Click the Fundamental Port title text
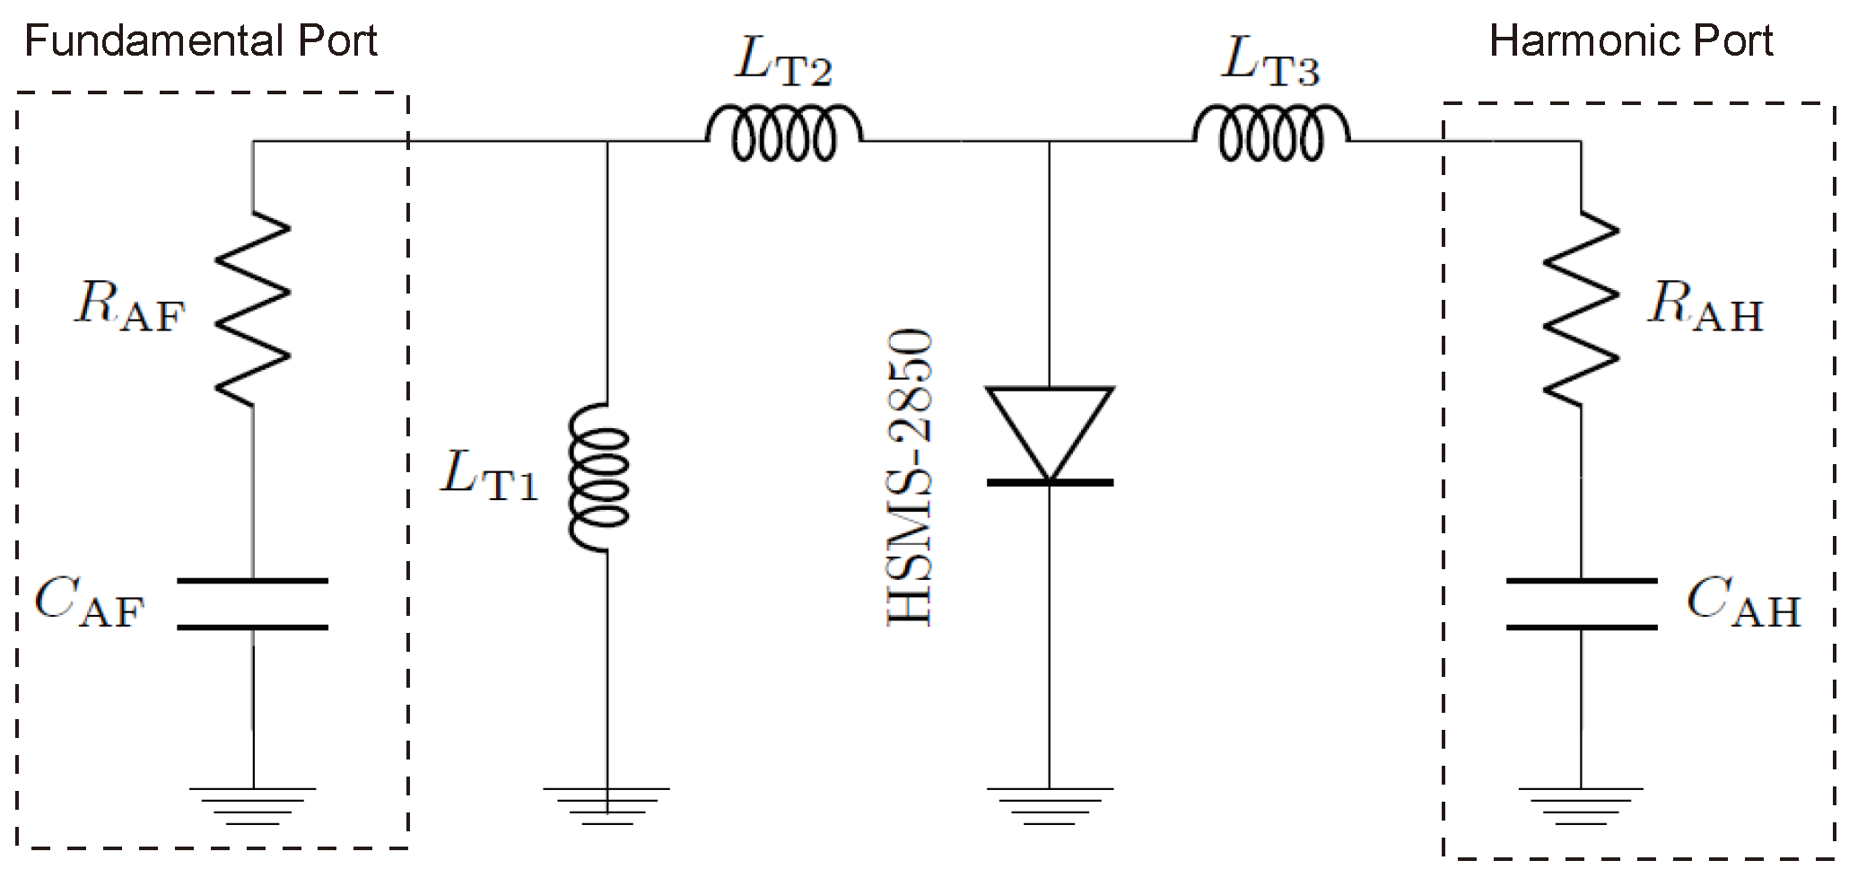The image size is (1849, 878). point(201,41)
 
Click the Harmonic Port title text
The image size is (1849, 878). point(1630,41)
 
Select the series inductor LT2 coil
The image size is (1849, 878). point(784,136)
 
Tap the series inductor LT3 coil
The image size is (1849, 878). point(1270,136)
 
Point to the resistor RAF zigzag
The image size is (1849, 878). point(253,309)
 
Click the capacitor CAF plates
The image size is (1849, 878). point(253,603)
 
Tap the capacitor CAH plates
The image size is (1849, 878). point(1581,603)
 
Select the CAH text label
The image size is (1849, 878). point(1743,603)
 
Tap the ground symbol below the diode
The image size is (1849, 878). point(1050,803)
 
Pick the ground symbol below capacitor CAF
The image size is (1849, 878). point(253,803)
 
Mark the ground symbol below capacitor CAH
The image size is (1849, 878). point(1581,803)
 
